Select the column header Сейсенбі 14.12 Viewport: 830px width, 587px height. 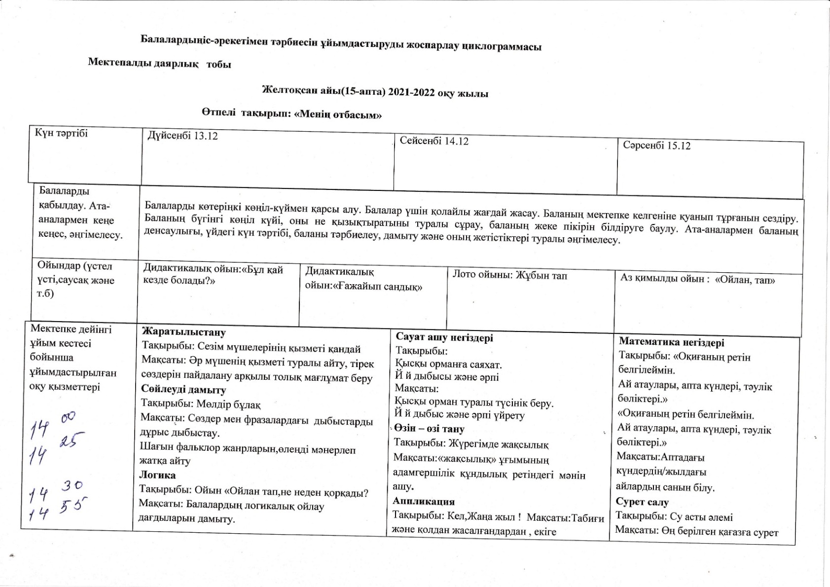pos(434,142)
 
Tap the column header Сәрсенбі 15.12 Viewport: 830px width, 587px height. pos(656,146)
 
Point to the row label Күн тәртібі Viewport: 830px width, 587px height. pos(61,133)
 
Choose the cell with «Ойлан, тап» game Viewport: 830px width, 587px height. pos(697,279)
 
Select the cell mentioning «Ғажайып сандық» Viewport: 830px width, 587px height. pos(363,280)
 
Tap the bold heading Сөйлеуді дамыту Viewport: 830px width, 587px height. pos(183,390)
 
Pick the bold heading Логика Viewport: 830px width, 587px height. pos(157,475)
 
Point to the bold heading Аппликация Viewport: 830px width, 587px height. pos(424,501)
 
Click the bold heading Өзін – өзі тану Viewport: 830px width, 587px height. pos(429,429)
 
